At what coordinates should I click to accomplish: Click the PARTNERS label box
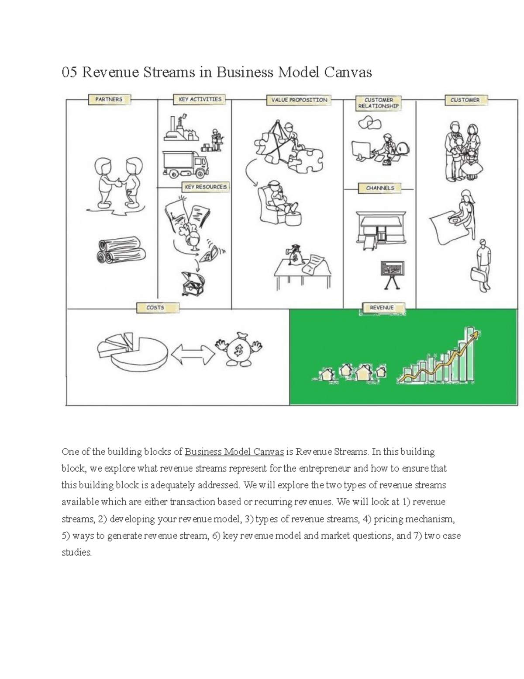tap(109, 99)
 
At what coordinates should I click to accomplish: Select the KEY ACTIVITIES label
tap(200, 99)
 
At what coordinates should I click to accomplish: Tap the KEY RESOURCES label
tap(206, 187)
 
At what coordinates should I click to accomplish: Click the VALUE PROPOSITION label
tap(299, 100)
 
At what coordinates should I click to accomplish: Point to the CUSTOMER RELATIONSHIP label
tap(378, 103)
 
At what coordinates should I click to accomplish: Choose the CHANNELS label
tap(380, 188)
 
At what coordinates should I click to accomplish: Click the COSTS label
tap(155, 308)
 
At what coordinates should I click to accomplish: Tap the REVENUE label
tap(382, 308)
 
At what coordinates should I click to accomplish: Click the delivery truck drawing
tap(185, 165)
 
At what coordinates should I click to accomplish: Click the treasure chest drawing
tap(193, 284)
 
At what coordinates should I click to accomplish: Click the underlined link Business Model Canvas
tap(234, 452)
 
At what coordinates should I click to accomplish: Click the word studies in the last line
tap(77, 552)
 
